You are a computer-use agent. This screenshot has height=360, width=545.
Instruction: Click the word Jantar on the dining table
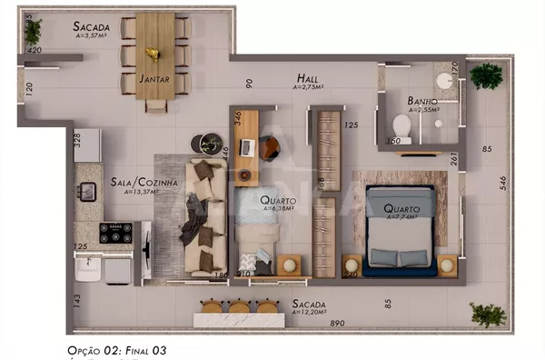coord(155,79)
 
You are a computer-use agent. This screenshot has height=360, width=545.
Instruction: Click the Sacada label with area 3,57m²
coord(91,27)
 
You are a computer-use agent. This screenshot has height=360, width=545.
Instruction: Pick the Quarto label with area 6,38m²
coord(276,200)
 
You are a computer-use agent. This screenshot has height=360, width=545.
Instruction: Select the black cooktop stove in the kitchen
coord(116,233)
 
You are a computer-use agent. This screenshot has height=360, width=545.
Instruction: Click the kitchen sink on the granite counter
coord(87,191)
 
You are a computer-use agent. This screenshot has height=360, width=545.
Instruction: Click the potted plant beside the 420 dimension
coord(34,33)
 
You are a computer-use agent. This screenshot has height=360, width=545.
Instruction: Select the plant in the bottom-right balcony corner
coord(488,315)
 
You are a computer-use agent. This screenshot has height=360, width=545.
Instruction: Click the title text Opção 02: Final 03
coord(117,349)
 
